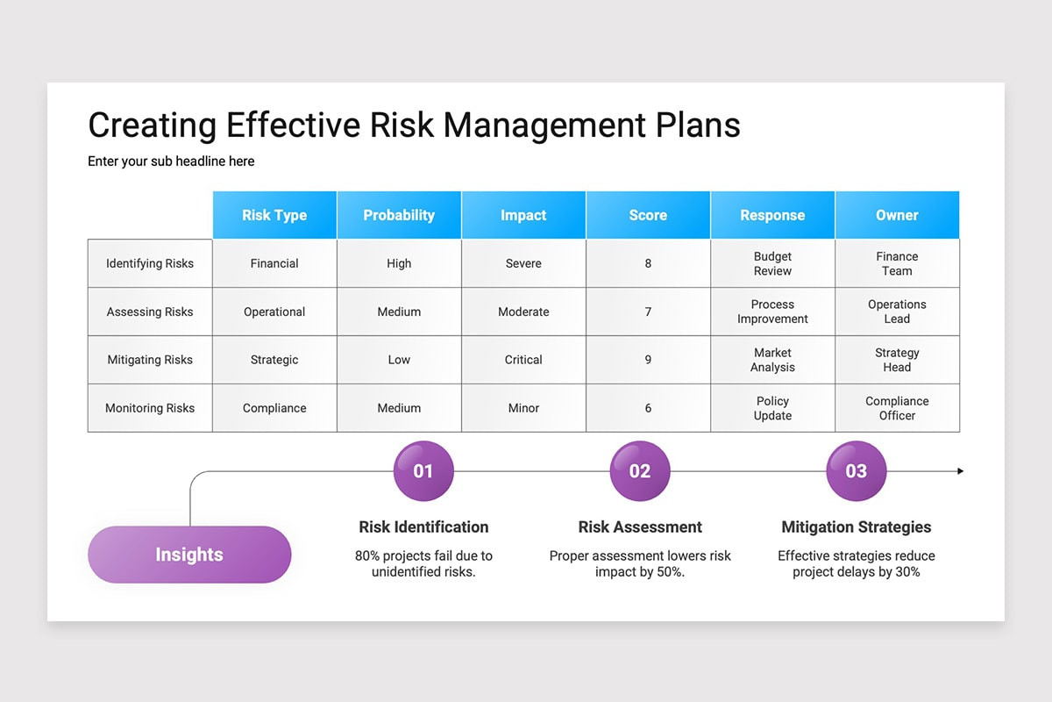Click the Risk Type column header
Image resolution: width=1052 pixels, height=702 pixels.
pyautogui.click(x=274, y=215)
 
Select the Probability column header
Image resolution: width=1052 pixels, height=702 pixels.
pyautogui.click(x=399, y=215)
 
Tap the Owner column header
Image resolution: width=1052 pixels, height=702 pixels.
pyautogui.click(x=897, y=215)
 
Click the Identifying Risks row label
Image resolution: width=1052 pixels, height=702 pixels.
pyautogui.click(x=150, y=263)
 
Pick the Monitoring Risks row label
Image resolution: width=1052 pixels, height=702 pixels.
pyautogui.click(x=150, y=408)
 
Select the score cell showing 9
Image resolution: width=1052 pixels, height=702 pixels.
pyautogui.click(x=648, y=360)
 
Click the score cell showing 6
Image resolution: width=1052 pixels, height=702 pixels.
pyautogui.click(x=648, y=408)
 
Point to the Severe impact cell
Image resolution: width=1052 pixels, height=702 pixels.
pyautogui.click(x=523, y=263)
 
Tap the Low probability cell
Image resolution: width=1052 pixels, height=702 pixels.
pyautogui.click(x=399, y=360)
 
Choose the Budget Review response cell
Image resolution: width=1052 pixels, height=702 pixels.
pyautogui.click(x=772, y=263)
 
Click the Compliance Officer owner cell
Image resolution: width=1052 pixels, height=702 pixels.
pyautogui.click(x=897, y=408)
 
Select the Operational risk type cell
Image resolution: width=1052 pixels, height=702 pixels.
pyautogui.click(x=274, y=312)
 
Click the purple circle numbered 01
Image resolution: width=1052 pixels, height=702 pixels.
pyautogui.click(x=423, y=471)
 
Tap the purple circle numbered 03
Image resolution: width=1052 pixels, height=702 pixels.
pyautogui.click(x=856, y=471)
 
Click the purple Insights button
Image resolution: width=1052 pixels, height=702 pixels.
pyautogui.click(x=189, y=555)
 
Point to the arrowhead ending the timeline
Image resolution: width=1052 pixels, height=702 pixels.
pyautogui.click(x=960, y=471)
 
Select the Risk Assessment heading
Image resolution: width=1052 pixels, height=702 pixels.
pyautogui.click(x=640, y=527)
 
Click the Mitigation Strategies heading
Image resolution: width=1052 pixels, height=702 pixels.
pyautogui.click(x=856, y=527)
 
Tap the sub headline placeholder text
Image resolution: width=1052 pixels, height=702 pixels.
pyautogui.click(x=171, y=161)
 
